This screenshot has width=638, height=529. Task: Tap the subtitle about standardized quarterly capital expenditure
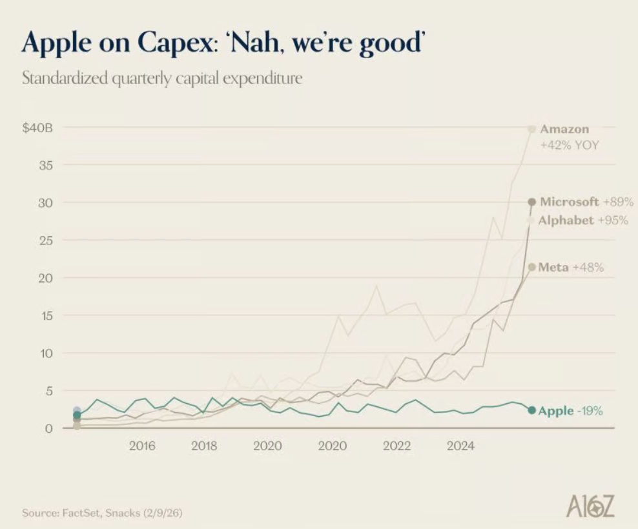pos(163,80)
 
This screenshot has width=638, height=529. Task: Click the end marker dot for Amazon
pos(532,129)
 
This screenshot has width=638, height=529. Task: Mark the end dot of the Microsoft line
pos(532,201)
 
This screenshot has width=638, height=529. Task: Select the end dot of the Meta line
pos(532,267)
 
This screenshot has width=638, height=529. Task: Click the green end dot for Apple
pos(532,410)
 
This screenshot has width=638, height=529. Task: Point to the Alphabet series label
pos(566,221)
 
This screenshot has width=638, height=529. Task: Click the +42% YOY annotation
pos(569,145)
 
